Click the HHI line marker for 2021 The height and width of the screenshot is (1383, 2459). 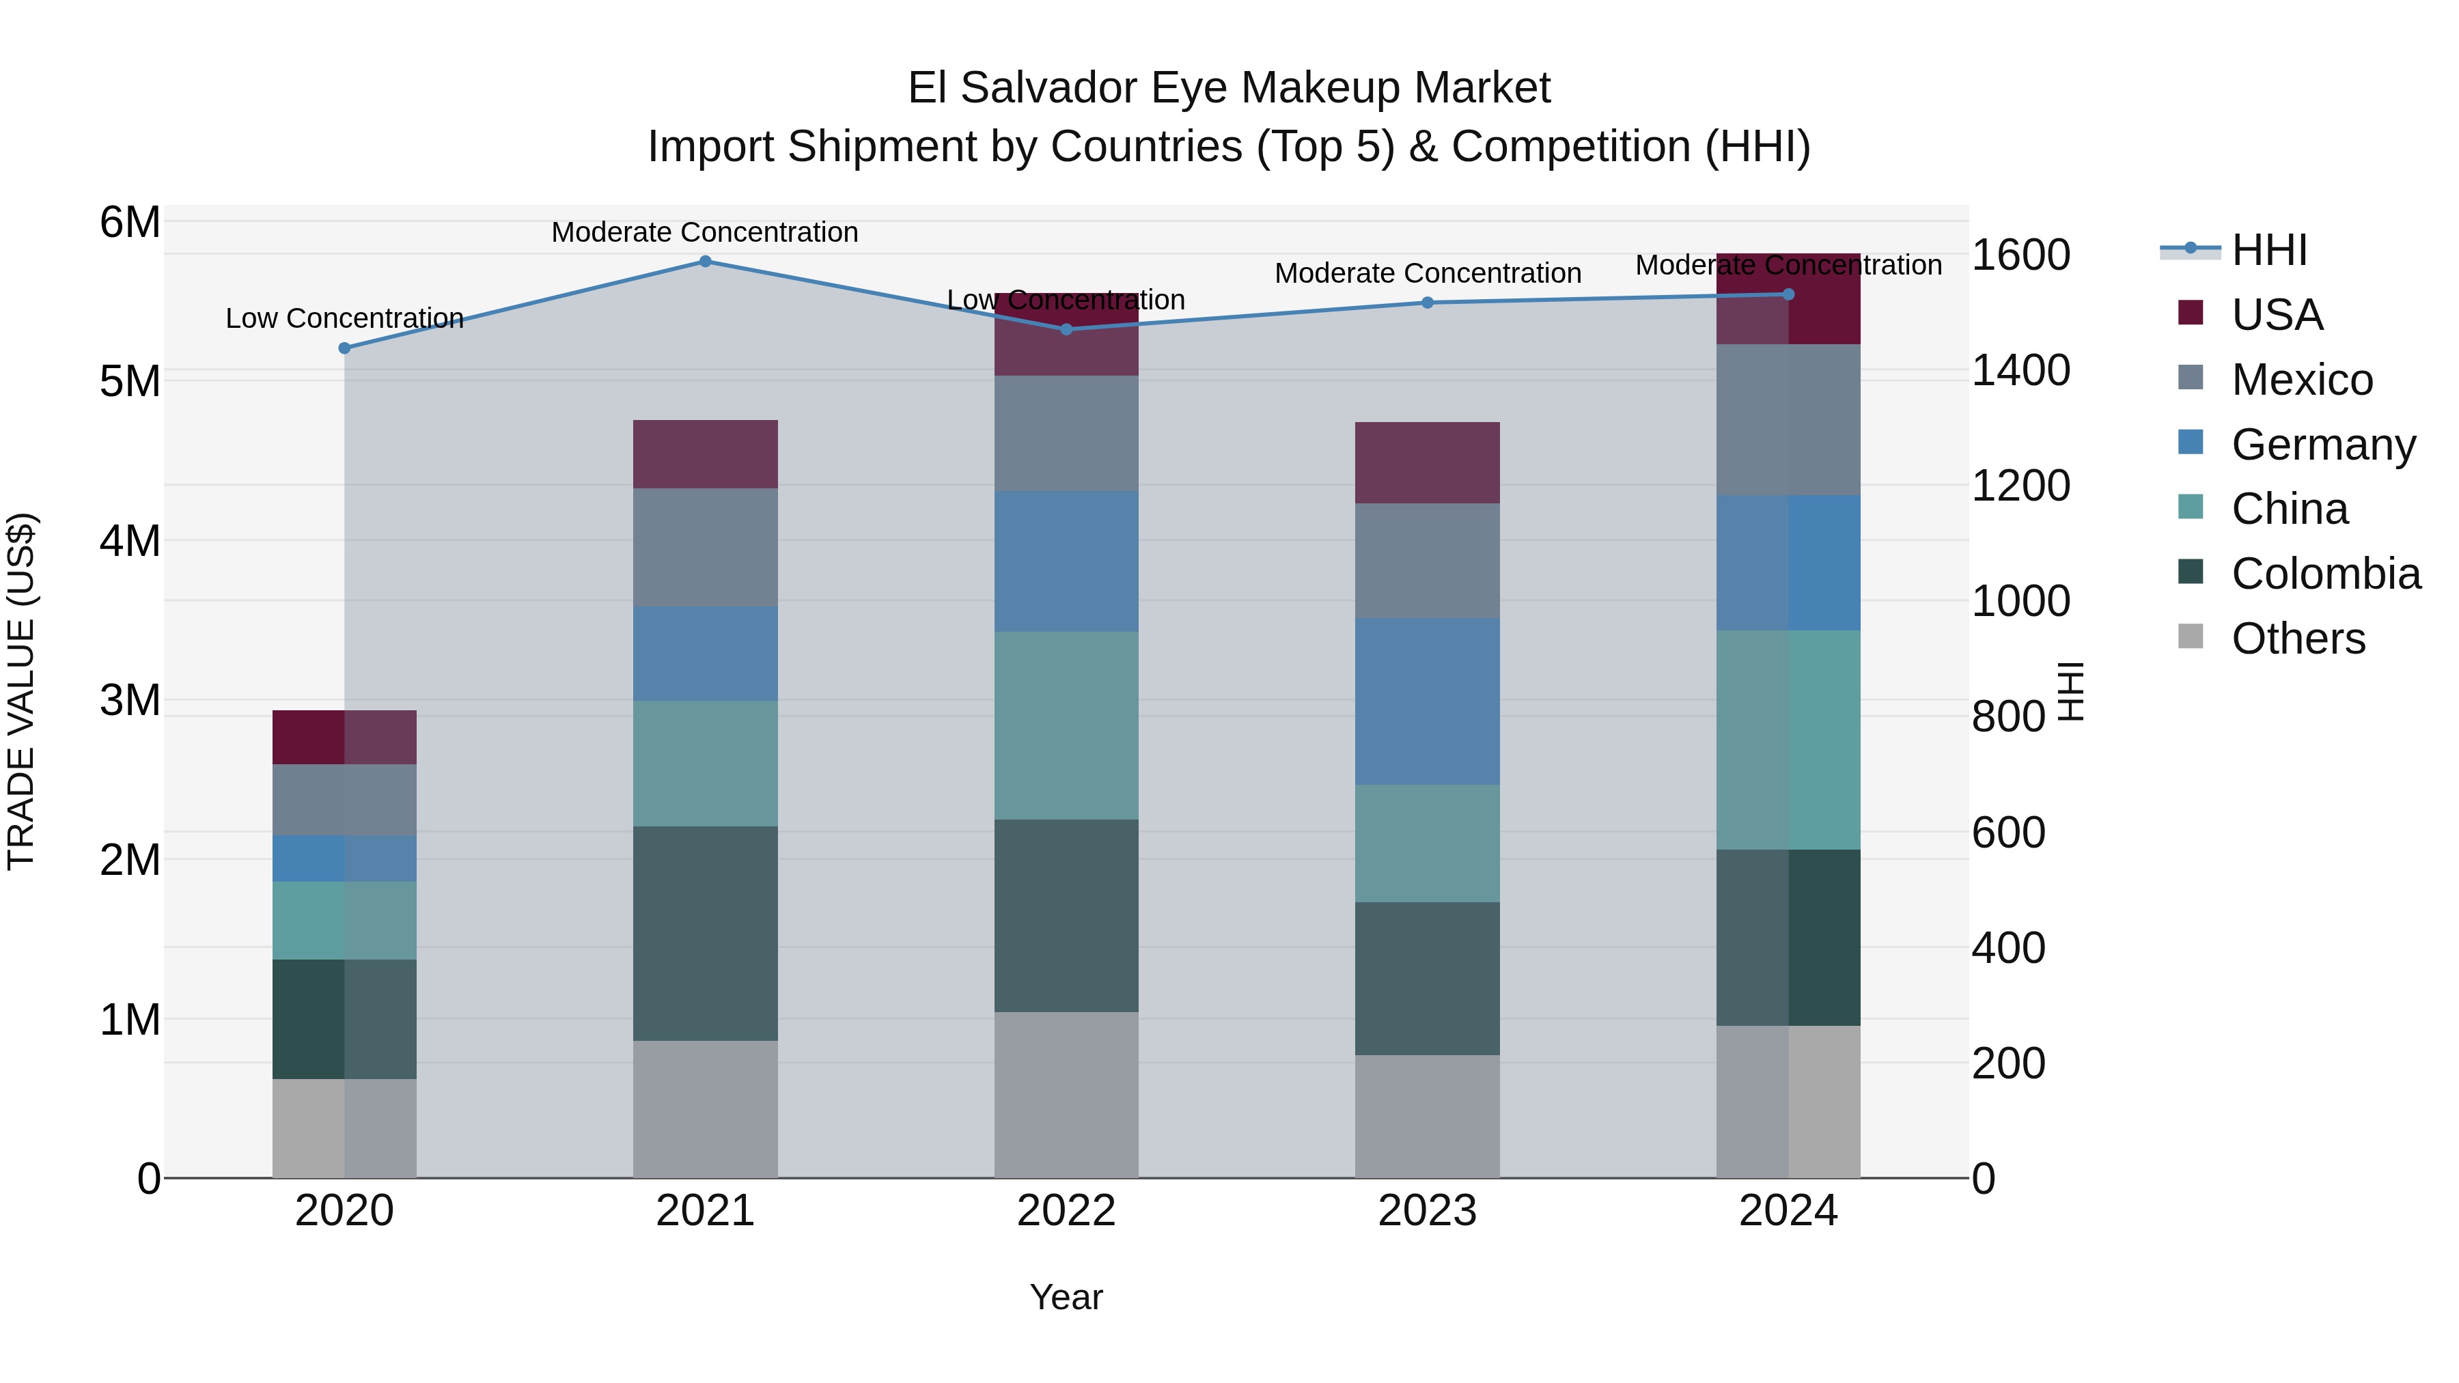(x=706, y=261)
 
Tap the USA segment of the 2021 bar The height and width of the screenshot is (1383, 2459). (x=706, y=454)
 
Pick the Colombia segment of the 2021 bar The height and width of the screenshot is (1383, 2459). (x=706, y=934)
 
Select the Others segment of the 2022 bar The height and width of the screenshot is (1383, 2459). (x=1066, y=1095)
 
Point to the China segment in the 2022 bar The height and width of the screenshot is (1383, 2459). (x=1066, y=725)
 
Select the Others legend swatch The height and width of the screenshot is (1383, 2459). (x=2191, y=637)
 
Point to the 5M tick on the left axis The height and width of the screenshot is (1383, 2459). (x=130, y=382)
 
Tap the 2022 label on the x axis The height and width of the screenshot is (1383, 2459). (x=1066, y=1211)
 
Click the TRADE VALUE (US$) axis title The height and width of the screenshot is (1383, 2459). (x=21, y=691)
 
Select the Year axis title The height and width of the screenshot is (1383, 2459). (x=1066, y=1297)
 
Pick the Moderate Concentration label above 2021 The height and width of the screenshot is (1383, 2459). (x=706, y=232)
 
